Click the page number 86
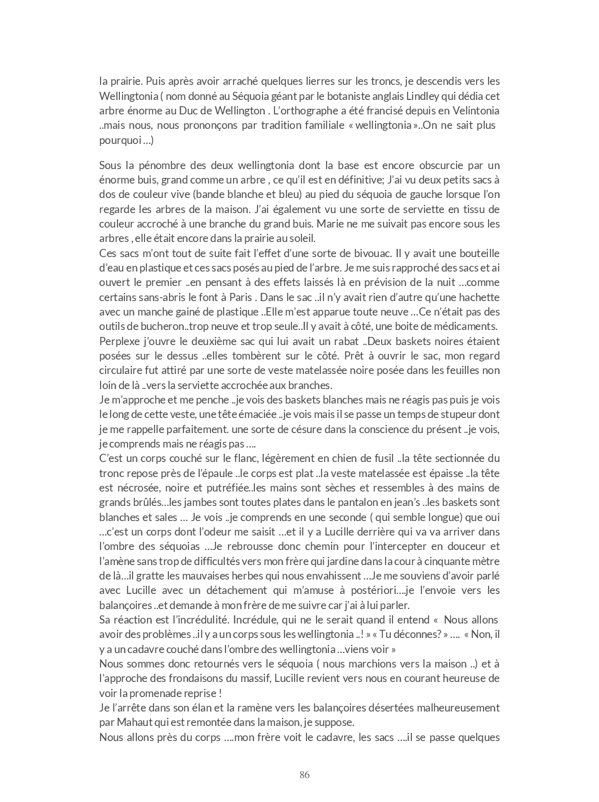305,775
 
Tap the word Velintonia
475,111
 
